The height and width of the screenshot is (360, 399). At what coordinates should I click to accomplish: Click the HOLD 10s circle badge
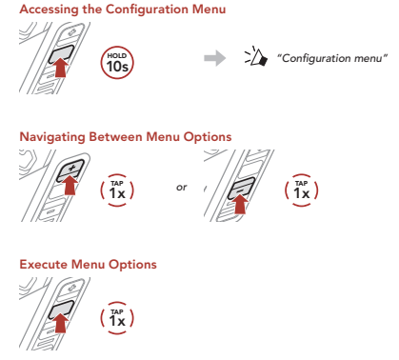pos(117,63)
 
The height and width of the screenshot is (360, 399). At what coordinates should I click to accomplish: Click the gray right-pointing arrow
pos(215,58)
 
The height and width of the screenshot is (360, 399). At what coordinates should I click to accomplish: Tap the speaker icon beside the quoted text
pos(256,56)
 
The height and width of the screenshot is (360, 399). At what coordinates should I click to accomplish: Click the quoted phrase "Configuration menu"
pos(332,58)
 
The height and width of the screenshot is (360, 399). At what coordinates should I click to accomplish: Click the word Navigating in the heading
pos(52,137)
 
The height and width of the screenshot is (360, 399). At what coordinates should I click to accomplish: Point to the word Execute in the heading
pos(44,265)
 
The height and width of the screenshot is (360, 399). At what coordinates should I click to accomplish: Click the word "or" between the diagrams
pos(182,188)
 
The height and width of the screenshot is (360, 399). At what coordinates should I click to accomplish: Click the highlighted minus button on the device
pos(241,188)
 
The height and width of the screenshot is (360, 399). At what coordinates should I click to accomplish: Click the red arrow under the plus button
pos(70,186)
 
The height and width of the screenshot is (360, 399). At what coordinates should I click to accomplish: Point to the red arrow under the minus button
pos(240,204)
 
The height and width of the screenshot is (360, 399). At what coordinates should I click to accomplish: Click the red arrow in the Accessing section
pos(61,68)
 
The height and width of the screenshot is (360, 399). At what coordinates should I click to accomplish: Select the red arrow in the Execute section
pos(60,322)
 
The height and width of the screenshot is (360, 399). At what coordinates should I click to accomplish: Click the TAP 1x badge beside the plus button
pos(117,190)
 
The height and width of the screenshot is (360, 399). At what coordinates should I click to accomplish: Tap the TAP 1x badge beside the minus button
pos(301,190)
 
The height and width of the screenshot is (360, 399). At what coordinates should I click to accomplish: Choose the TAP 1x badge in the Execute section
pos(117,318)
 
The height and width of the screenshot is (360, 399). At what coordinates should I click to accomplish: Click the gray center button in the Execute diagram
pos(61,310)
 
